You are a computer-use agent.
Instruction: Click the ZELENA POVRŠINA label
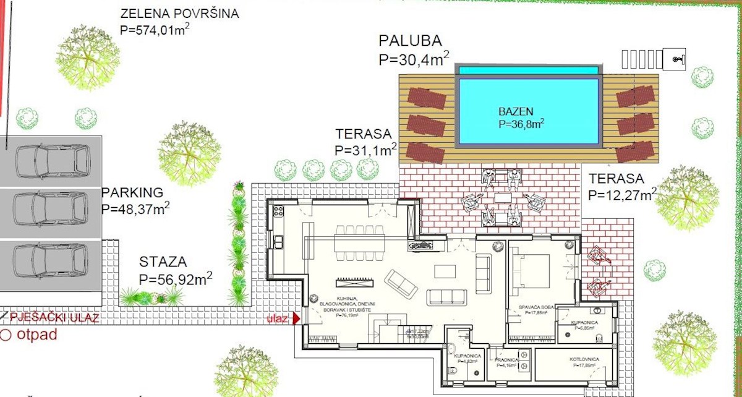click(179, 14)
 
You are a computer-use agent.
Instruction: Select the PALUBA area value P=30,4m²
click(414, 59)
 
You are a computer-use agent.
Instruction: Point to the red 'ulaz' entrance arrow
click(296, 318)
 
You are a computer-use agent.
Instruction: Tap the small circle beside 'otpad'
click(6, 336)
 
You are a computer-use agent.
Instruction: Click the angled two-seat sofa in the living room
click(401, 284)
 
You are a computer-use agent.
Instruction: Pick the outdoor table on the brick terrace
click(502, 198)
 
